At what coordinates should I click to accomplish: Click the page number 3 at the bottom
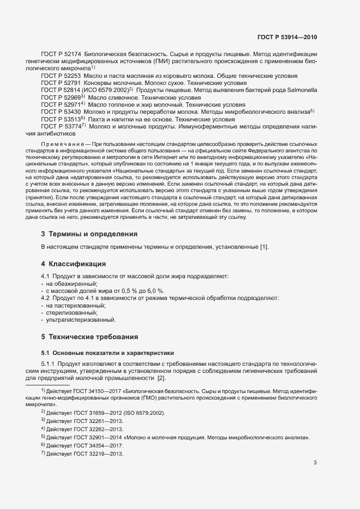coord(315,463)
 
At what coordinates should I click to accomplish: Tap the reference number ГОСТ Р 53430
coord(61,111)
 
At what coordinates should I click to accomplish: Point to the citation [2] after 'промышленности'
coord(161,378)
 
